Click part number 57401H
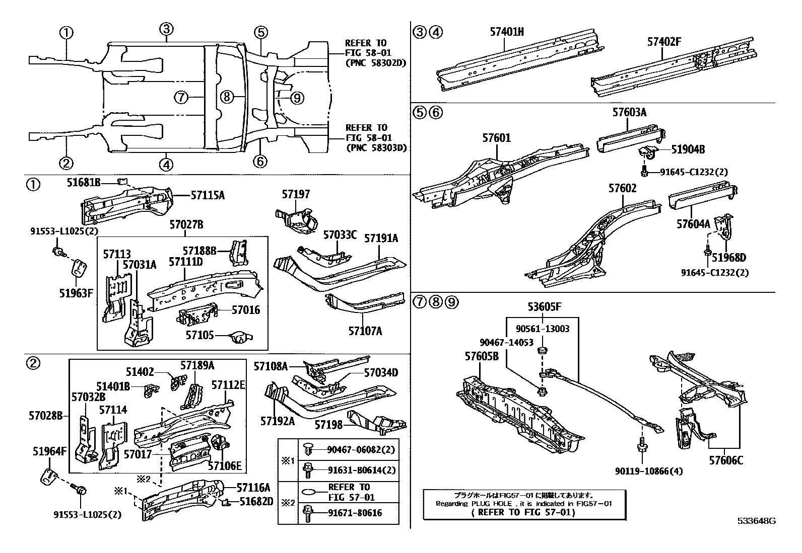[x=507, y=32]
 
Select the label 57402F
[x=664, y=42]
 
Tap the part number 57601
[x=496, y=137]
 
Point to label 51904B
[x=688, y=149]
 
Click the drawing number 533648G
[x=757, y=521]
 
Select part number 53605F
[x=544, y=306]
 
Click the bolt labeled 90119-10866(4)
[x=642, y=445]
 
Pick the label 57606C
[x=726, y=460]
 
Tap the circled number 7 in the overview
[x=182, y=97]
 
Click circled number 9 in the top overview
[x=297, y=98]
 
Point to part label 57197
[x=296, y=194]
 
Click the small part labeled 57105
[x=240, y=337]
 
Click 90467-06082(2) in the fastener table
[x=361, y=449]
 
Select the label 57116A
[x=254, y=487]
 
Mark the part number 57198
[x=328, y=425]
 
